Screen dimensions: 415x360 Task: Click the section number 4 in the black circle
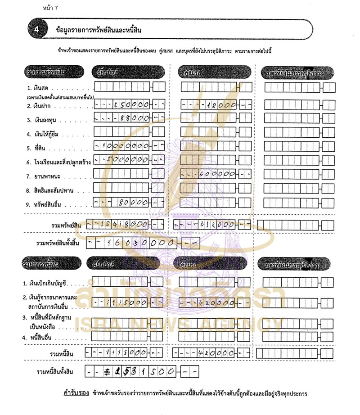click(x=36, y=30)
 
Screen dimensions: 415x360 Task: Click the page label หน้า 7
click(x=50, y=8)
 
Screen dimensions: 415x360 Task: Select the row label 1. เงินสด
click(x=39, y=87)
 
